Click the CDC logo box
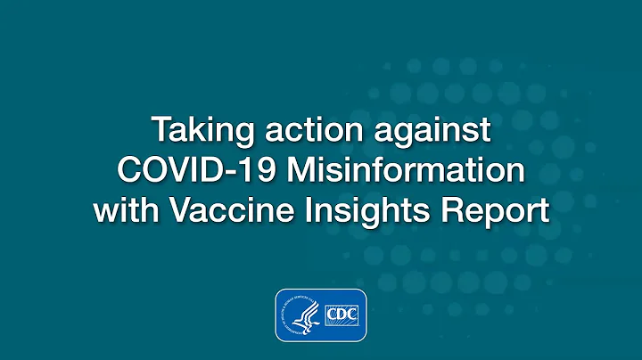click(x=342, y=315)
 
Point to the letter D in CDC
click(x=342, y=315)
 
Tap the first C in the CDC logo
click(x=330, y=315)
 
